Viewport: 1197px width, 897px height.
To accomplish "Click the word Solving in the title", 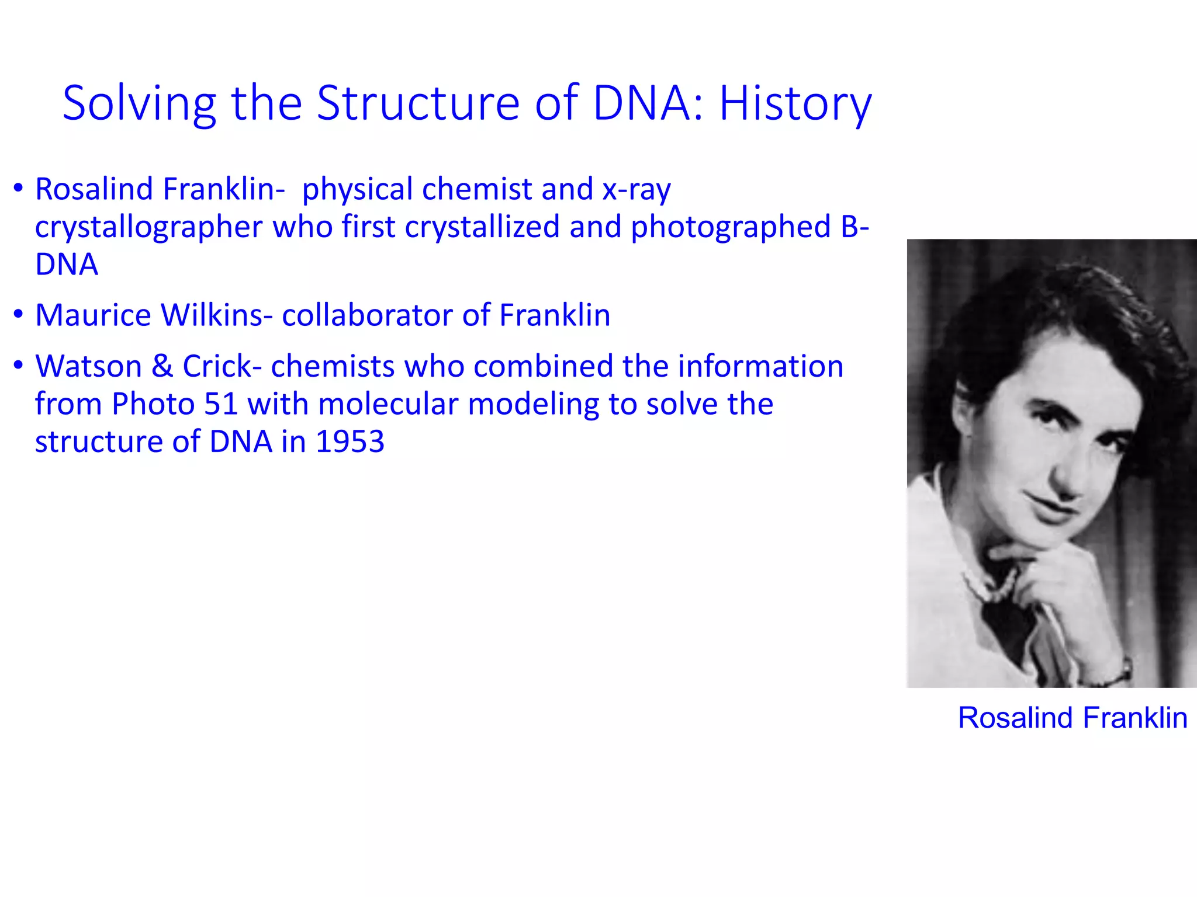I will (x=139, y=103).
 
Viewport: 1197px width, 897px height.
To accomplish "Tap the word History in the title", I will (x=795, y=103).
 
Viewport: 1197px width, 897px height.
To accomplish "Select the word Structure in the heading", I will (x=418, y=103).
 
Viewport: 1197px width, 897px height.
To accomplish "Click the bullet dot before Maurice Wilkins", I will (x=19, y=314).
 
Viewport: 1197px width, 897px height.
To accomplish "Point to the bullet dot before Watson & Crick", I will (x=19, y=365).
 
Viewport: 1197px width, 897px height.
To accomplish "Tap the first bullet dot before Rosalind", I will (x=19, y=188).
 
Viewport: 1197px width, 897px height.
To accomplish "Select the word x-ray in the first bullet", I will (x=636, y=190).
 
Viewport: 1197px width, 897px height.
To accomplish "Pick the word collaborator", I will (x=367, y=315).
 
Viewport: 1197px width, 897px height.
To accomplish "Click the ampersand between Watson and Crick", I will (x=162, y=366).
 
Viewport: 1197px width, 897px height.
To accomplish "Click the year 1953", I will (x=350, y=441).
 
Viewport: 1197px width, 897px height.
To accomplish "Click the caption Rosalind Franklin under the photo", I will (x=1072, y=718).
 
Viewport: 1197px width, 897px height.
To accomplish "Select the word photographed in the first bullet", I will (x=730, y=227).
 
